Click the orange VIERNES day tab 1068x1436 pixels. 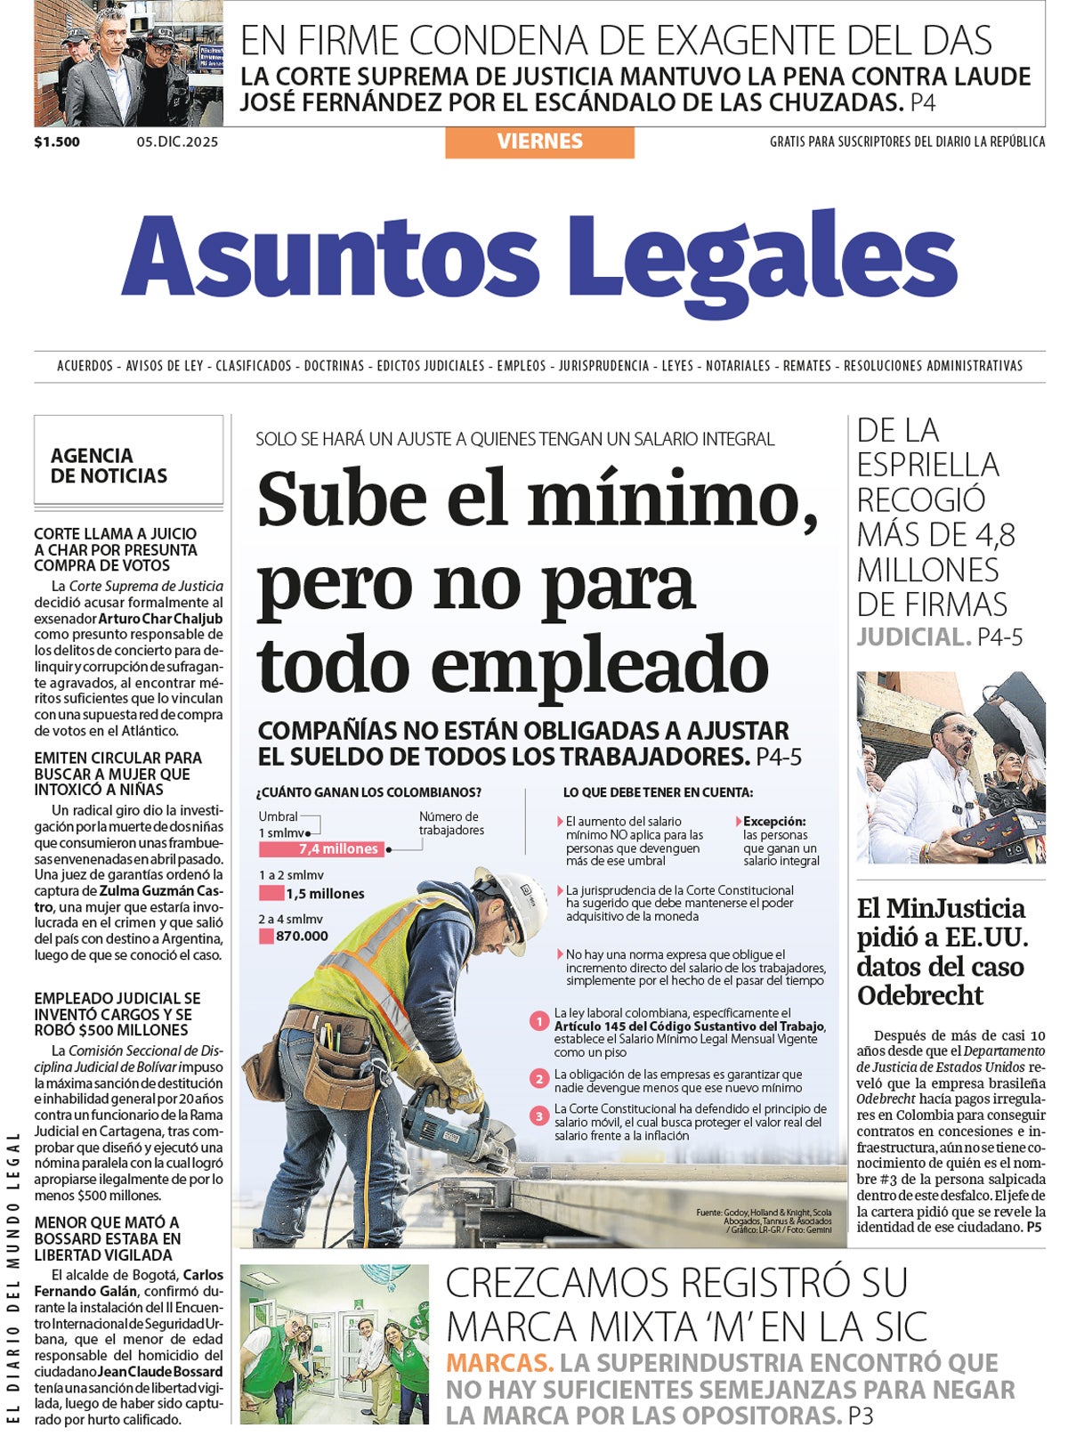[x=539, y=142]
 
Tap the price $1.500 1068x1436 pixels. [x=57, y=142]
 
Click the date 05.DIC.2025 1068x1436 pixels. [x=177, y=142]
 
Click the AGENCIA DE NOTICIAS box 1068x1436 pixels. [x=127, y=459]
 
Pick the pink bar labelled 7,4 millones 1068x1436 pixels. [x=321, y=849]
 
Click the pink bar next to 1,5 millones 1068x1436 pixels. [x=271, y=893]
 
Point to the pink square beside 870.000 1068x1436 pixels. [x=266, y=937]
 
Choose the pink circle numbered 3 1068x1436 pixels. [x=538, y=1116]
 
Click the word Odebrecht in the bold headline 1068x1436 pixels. [x=920, y=995]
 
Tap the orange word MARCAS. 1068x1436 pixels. [x=499, y=1363]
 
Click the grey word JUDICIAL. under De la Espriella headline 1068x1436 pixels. [x=913, y=637]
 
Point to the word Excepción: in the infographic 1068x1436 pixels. [x=774, y=822]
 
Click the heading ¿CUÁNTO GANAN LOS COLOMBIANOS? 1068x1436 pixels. [x=368, y=792]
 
